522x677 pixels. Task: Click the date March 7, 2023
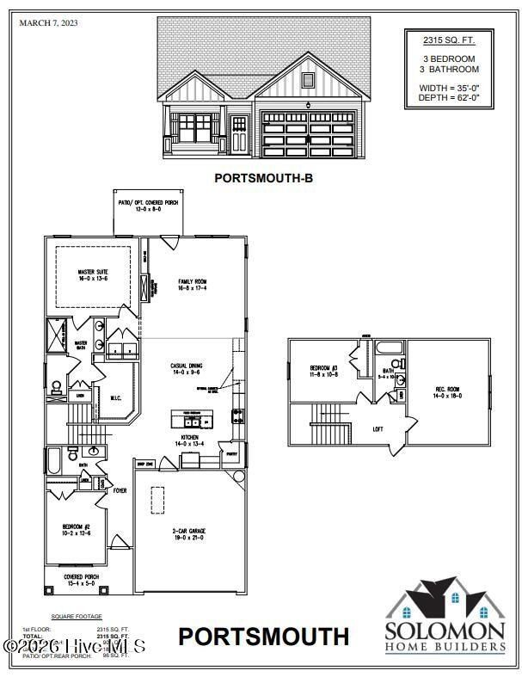click(x=48, y=23)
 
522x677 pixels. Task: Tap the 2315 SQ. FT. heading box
click(x=449, y=40)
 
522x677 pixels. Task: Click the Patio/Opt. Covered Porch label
click(x=150, y=205)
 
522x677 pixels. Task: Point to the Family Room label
click(x=193, y=286)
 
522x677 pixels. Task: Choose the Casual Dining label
click(x=185, y=370)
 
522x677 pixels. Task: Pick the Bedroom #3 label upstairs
click(x=323, y=372)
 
